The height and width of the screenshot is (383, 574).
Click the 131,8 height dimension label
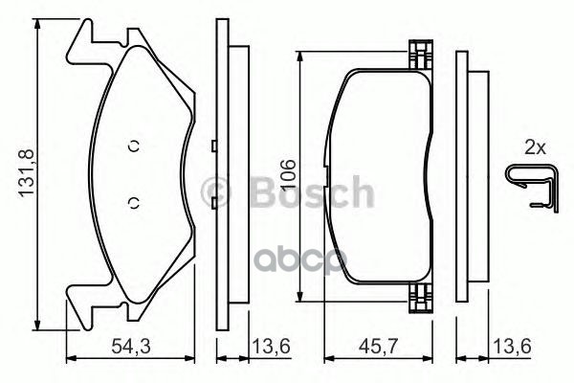click(x=27, y=172)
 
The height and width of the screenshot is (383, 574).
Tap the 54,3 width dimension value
click(x=131, y=346)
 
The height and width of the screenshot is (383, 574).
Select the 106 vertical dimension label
click(x=288, y=175)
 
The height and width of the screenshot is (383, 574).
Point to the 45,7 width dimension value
click(x=379, y=346)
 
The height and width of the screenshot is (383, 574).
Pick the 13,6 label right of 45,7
click(x=512, y=346)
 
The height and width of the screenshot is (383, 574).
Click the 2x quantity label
click(x=535, y=148)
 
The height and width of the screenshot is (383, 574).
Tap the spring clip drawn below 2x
click(x=533, y=188)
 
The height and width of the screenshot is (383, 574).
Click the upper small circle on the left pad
click(x=134, y=146)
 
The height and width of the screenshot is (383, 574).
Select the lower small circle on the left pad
click(x=134, y=203)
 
